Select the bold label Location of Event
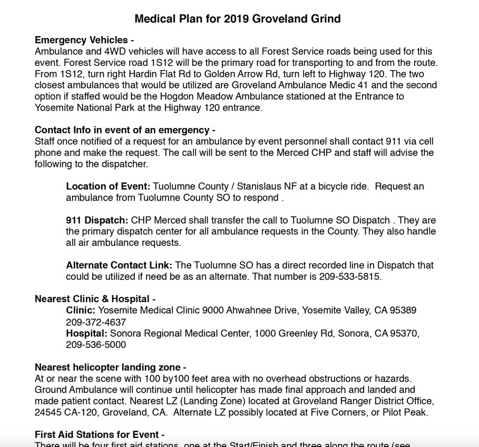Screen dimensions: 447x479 click(x=108, y=186)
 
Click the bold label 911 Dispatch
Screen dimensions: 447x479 click(x=97, y=220)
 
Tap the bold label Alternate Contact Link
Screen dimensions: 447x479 click(x=119, y=265)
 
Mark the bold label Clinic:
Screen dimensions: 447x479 click(x=81, y=310)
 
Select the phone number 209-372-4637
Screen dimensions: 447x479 click(x=96, y=322)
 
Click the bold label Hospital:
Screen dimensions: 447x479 click(x=86, y=333)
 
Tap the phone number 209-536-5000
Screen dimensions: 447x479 click(x=96, y=345)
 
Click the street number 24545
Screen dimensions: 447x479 click(x=50, y=412)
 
